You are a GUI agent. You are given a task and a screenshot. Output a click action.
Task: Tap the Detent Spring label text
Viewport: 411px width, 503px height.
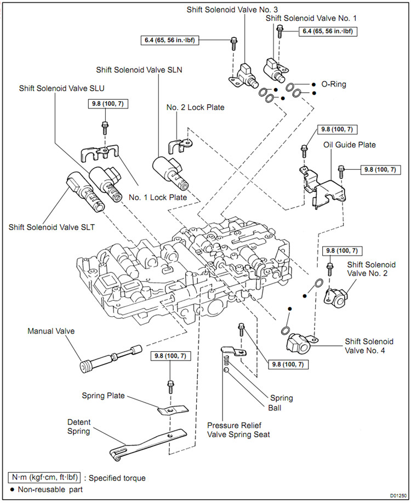[x=79, y=427]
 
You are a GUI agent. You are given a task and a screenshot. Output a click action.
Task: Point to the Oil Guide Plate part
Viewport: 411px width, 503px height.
[x=323, y=186]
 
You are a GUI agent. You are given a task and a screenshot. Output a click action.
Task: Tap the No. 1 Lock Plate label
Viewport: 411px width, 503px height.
[x=158, y=197]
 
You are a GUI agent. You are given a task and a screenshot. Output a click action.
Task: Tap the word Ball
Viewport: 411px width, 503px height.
[x=275, y=408]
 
